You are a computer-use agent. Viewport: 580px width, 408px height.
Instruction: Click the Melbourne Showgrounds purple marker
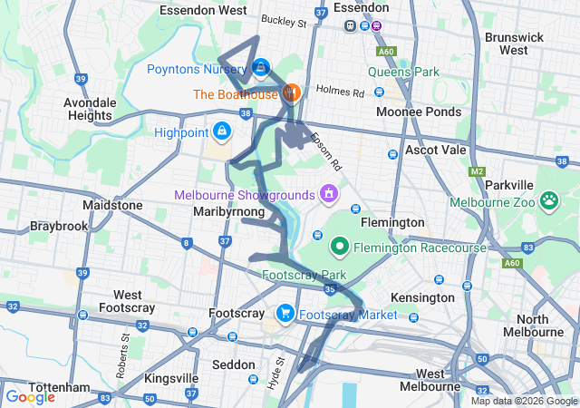(327, 194)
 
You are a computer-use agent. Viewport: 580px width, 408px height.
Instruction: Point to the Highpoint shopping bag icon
(222, 132)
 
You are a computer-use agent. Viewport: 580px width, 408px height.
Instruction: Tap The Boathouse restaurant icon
(291, 92)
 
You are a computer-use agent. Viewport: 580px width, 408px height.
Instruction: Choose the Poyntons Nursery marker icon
(261, 66)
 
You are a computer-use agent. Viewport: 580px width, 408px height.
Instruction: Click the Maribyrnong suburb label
(228, 212)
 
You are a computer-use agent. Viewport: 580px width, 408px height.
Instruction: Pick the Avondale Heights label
(90, 109)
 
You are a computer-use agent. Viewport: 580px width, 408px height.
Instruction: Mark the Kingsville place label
(174, 378)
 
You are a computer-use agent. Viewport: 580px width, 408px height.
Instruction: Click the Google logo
(30, 396)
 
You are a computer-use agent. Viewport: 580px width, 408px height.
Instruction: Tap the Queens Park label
(403, 72)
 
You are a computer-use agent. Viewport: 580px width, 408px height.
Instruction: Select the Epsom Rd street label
(326, 151)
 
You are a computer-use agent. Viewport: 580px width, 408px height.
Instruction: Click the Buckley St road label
(284, 19)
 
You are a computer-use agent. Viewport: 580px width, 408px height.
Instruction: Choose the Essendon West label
(202, 10)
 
